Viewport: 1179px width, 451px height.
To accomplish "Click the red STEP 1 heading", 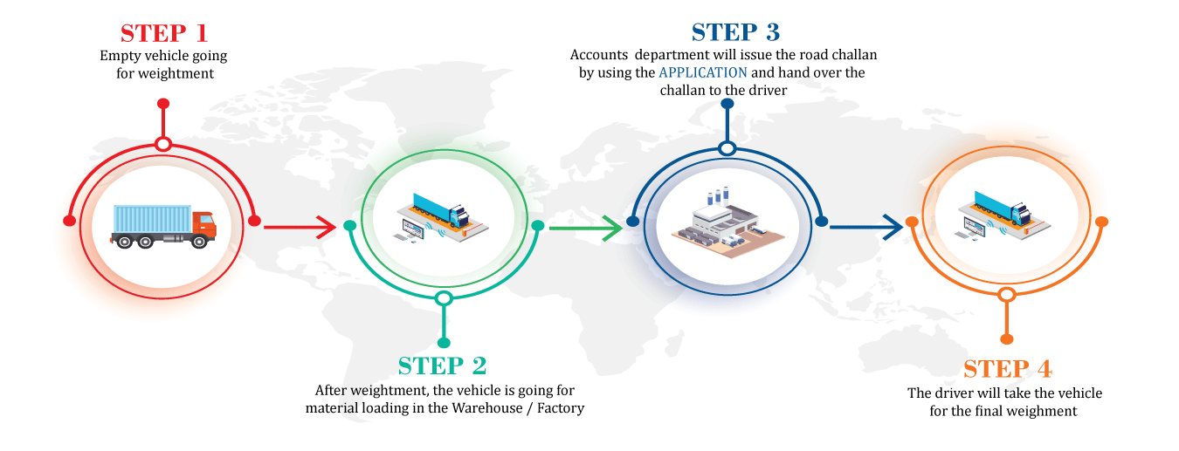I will pos(164,33).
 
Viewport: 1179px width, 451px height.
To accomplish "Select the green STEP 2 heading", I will pos(442,366).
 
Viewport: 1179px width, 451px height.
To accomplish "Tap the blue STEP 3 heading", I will pos(735,32).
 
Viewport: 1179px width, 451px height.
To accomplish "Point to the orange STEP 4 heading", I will pos(1007,368).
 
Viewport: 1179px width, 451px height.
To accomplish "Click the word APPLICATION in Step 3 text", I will pos(703,72).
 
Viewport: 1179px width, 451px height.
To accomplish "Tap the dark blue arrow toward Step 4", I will pos(865,228).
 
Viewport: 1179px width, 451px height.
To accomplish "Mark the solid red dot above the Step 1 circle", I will pos(162,104).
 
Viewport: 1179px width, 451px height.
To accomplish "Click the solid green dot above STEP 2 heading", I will pos(444,342).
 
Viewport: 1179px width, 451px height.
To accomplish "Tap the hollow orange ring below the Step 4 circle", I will pos(1007,295).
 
